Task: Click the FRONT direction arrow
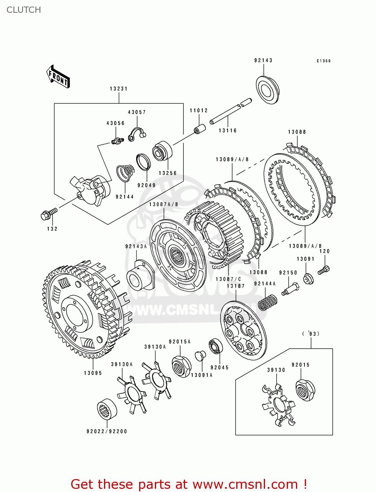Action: [58, 77]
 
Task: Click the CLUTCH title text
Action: [24, 10]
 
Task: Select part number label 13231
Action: [118, 89]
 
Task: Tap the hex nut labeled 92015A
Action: [181, 366]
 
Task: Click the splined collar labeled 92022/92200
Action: [107, 410]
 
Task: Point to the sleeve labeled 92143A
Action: [140, 275]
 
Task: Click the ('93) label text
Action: [311, 334]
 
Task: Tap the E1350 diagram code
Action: [324, 61]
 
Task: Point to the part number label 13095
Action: [93, 373]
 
